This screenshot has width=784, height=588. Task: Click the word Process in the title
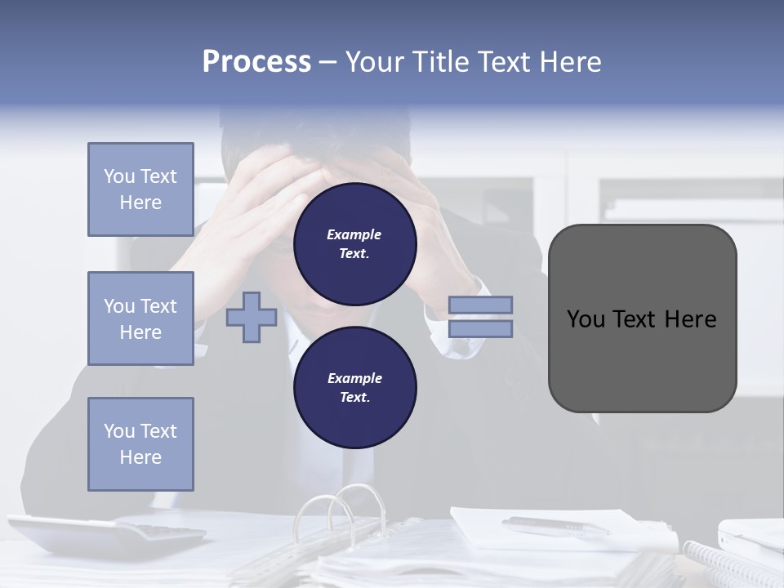pos(256,62)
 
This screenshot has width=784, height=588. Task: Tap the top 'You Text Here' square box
pos(140,189)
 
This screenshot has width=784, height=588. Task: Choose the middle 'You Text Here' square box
pos(140,318)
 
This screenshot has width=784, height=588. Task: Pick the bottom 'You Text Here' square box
pos(140,444)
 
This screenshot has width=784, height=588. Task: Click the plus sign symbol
pos(251,318)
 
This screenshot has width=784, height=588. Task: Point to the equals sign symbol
pos(481,317)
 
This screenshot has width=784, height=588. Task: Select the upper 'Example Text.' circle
pos(354,243)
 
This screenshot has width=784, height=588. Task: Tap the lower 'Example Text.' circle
pos(354,387)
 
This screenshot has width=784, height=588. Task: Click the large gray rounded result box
pos(642,318)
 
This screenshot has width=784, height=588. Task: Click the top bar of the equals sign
pos(481,305)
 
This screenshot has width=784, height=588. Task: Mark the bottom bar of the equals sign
pos(481,329)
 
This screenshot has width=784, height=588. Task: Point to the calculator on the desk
pos(106,535)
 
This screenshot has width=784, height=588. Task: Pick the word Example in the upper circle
pos(354,234)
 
